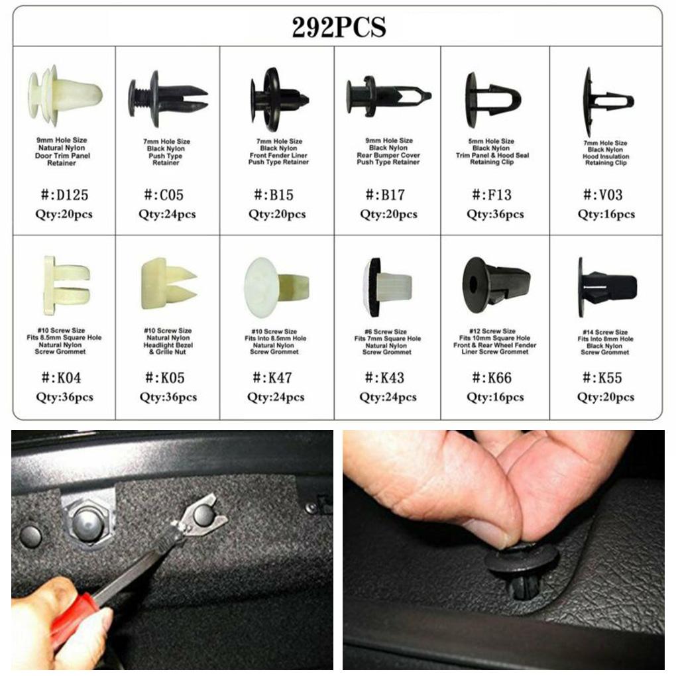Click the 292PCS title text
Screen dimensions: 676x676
click(339, 27)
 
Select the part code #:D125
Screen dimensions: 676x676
click(64, 195)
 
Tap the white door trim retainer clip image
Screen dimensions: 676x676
click(64, 96)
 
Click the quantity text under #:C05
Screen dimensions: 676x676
click(167, 214)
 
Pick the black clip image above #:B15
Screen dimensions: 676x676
click(279, 99)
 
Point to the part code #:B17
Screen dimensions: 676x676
click(388, 195)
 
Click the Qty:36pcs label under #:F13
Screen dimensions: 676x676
click(495, 214)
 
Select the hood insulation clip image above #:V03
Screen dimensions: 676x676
click(606, 101)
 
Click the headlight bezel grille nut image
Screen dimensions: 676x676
click(168, 284)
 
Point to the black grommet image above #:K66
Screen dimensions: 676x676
click(496, 284)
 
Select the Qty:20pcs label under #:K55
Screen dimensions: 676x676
click(605, 397)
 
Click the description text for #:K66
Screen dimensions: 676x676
click(495, 341)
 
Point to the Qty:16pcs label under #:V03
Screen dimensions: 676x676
click(606, 214)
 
